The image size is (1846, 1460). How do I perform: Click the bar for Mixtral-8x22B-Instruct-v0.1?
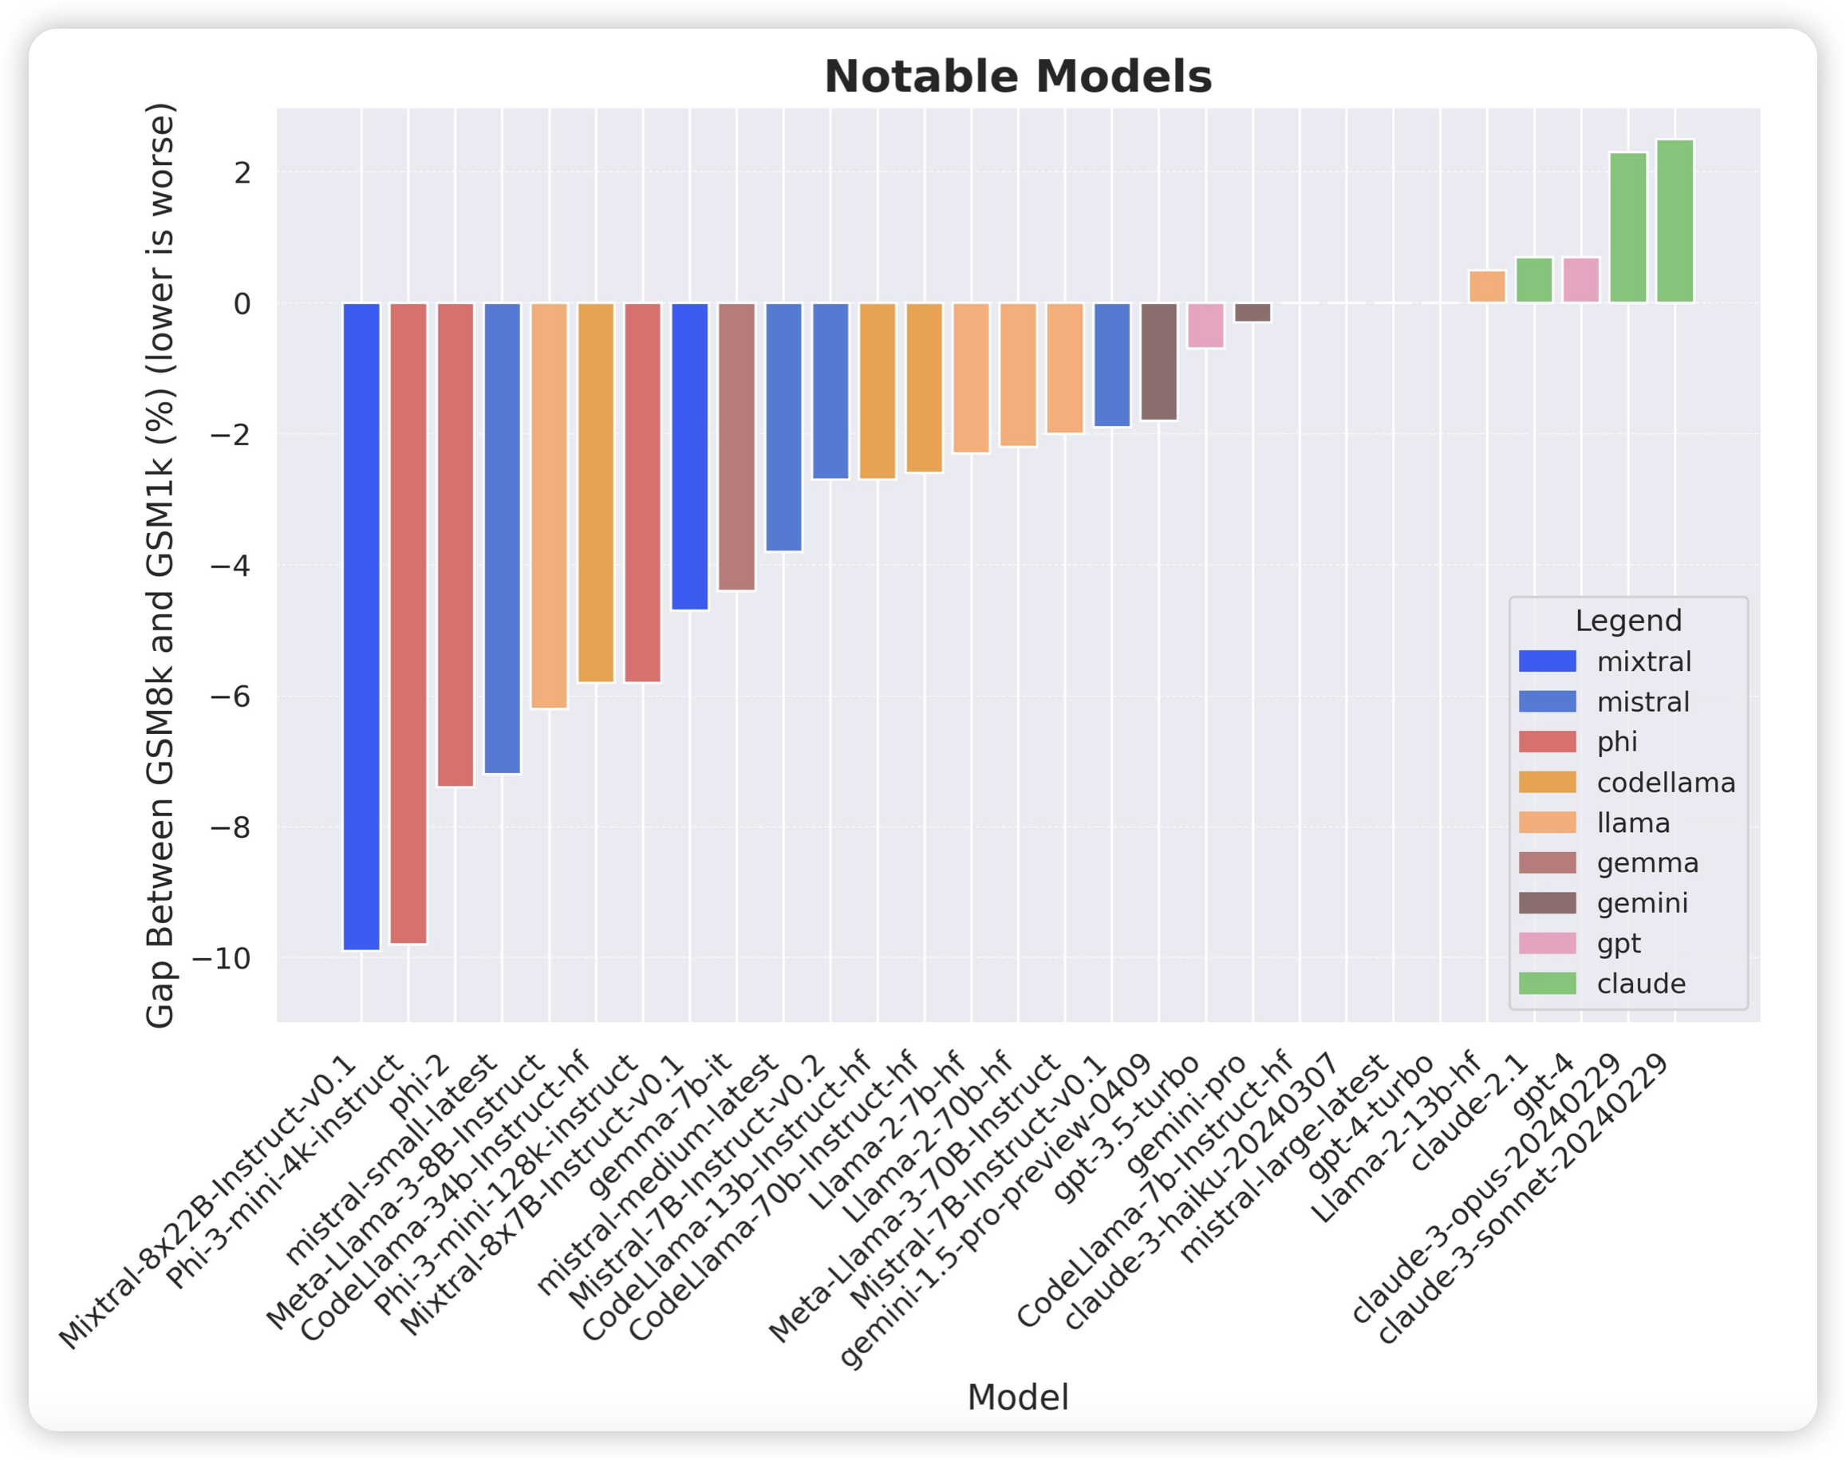click(x=361, y=625)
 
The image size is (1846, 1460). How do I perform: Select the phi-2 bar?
click(x=456, y=543)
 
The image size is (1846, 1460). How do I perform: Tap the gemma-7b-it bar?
click(x=736, y=446)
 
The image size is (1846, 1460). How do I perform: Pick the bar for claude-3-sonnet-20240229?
click(x=1674, y=220)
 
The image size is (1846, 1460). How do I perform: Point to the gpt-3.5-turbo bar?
click(x=1206, y=325)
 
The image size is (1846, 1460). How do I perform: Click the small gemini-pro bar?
click(x=1253, y=312)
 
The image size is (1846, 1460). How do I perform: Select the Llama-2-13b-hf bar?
click(x=1487, y=286)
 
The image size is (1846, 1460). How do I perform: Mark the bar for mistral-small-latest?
click(x=503, y=538)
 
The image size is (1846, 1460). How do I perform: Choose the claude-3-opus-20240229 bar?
click(x=1628, y=227)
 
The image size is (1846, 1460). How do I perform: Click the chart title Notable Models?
click(x=1018, y=77)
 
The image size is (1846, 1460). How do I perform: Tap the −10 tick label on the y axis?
click(x=220, y=958)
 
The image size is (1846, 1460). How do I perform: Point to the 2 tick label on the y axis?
click(x=242, y=172)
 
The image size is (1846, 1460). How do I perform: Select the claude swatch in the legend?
click(x=1547, y=984)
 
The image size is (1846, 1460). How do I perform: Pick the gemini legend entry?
click(x=1642, y=903)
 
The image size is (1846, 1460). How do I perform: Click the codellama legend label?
click(x=1666, y=783)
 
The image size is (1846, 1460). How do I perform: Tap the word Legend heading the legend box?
click(x=1628, y=621)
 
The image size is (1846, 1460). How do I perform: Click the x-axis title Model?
click(x=1018, y=1398)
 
